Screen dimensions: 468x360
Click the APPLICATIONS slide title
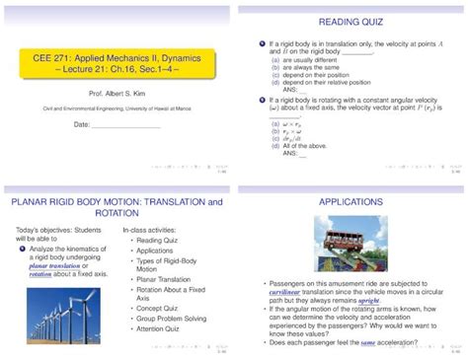tap(351, 201)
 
